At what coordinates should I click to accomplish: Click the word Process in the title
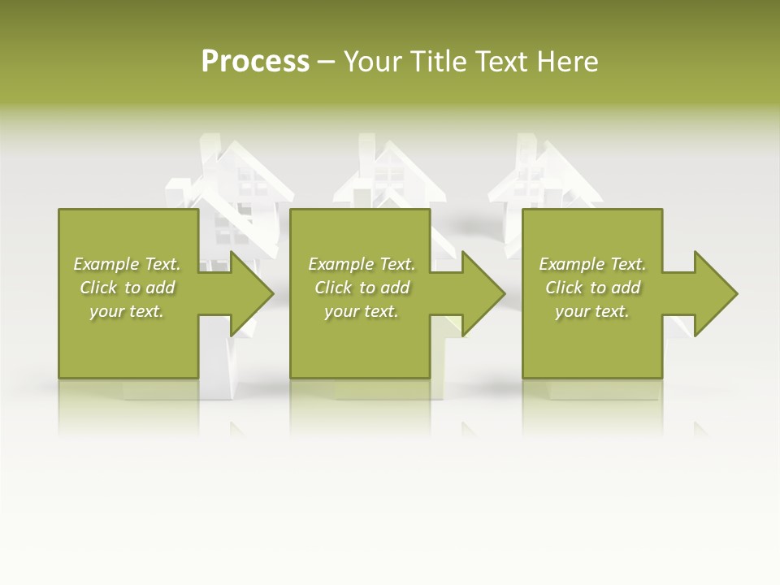pyautogui.click(x=255, y=62)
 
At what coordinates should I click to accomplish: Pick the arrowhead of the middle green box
pyautogui.click(x=483, y=293)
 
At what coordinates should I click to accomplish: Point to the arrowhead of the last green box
pyautogui.click(x=715, y=293)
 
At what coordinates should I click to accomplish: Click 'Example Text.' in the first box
pyautogui.click(x=127, y=264)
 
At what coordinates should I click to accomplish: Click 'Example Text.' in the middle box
pyautogui.click(x=362, y=264)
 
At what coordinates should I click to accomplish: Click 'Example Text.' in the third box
pyautogui.click(x=592, y=264)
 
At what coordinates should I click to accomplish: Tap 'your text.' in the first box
pyautogui.click(x=127, y=311)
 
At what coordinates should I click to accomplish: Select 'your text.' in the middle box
pyautogui.click(x=362, y=311)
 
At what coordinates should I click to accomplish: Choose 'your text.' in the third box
pyautogui.click(x=592, y=311)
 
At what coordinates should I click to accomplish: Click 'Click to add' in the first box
pyautogui.click(x=127, y=288)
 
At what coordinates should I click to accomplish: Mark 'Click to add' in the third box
pyautogui.click(x=592, y=288)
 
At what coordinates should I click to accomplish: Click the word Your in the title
pyautogui.click(x=373, y=62)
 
